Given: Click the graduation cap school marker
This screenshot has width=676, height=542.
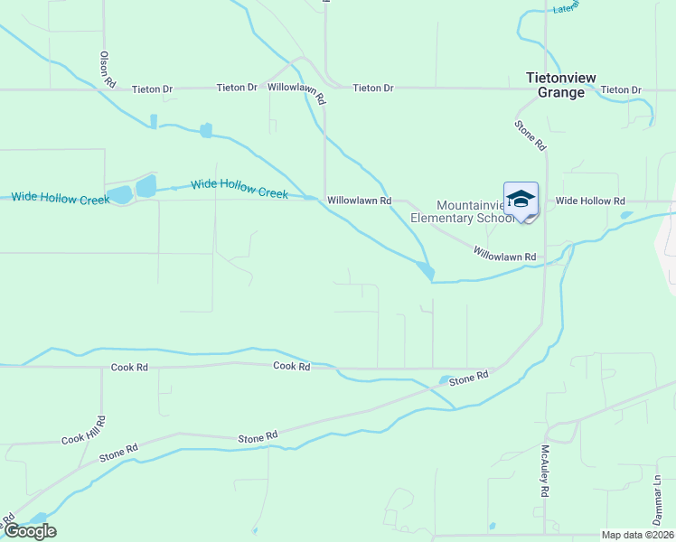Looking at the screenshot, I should (521, 200).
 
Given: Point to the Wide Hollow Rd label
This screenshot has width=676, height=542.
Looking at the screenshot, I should (590, 201).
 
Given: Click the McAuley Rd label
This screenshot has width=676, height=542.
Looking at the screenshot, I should (545, 470).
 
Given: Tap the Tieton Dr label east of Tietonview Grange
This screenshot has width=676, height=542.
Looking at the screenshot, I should (621, 89).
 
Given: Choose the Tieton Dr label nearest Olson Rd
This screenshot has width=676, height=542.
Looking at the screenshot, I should (152, 89).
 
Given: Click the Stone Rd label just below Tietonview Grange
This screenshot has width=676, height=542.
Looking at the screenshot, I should (530, 135).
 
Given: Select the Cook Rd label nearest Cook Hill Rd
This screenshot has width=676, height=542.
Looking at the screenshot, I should (129, 368).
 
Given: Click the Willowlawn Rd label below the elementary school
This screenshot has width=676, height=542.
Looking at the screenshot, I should (505, 257).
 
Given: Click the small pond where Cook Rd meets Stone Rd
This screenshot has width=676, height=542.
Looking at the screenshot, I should (445, 380).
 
